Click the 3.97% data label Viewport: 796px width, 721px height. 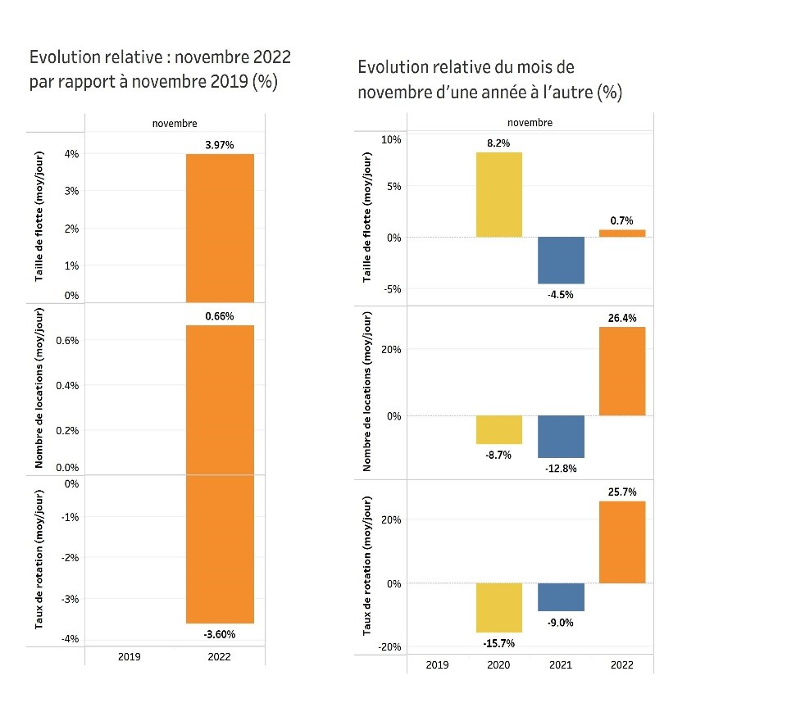(x=219, y=145)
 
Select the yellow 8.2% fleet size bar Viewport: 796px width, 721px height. (x=498, y=194)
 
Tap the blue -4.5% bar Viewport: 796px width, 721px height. (x=561, y=260)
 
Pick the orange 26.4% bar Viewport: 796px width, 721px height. (x=622, y=371)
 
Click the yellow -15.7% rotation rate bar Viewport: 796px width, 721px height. (x=498, y=607)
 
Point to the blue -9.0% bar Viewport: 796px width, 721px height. (x=561, y=596)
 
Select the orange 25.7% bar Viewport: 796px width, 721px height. (x=622, y=542)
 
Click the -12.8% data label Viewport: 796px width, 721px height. (x=561, y=469)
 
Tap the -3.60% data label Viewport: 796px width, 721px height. (x=219, y=633)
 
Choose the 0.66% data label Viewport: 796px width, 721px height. (x=219, y=316)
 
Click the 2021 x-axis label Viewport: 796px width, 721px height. (x=561, y=664)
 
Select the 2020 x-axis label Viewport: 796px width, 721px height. (x=498, y=664)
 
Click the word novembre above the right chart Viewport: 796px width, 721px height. (x=530, y=123)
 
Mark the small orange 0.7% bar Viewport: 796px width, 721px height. (x=622, y=233)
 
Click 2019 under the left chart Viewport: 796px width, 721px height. (x=130, y=657)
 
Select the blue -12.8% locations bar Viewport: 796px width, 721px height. (x=561, y=436)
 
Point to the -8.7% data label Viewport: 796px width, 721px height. (x=498, y=455)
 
